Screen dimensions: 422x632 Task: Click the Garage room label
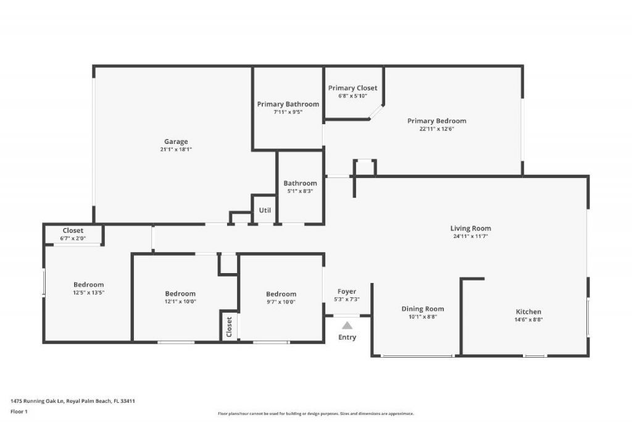176,141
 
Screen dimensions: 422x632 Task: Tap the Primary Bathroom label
288,104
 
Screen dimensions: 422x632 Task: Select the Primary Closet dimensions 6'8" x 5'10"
352,96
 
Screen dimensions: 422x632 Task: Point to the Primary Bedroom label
437,121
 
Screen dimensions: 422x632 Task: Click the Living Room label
470,229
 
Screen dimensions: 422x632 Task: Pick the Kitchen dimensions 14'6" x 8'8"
528,319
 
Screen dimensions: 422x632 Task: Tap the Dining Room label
423,309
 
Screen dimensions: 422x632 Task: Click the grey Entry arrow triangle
347,326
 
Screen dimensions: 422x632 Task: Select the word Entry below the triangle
347,337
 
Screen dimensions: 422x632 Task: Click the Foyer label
346,292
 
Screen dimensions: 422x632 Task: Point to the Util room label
265,210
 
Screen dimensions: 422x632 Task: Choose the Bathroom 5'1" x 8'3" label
301,184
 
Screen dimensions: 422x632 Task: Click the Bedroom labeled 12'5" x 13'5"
89,285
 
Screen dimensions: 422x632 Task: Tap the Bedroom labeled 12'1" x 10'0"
180,293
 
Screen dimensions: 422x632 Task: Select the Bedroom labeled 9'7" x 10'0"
281,294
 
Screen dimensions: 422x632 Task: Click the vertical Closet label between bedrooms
229,326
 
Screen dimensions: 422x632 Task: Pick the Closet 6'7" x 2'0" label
73,230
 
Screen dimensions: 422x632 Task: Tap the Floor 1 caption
19,411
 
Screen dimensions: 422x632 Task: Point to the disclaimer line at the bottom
315,414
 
